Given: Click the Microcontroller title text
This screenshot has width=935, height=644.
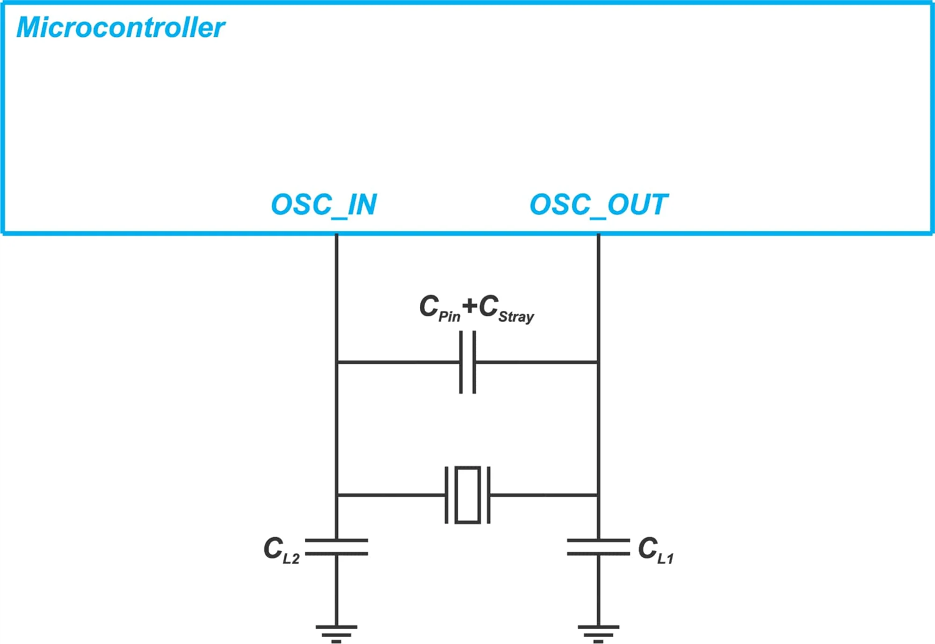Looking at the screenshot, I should [120, 27].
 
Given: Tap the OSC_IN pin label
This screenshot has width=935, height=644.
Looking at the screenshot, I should [324, 205].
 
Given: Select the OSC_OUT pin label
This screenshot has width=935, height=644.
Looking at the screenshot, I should [598, 205].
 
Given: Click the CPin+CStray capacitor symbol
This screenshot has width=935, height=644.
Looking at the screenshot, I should [467, 362].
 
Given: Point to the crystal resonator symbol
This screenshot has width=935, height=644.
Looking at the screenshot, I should [467, 495].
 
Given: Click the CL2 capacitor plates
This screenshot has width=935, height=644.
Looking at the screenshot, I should [337, 547].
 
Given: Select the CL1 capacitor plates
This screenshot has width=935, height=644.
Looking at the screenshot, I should [598, 547].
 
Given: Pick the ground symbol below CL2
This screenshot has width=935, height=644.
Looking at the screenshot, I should [337, 632].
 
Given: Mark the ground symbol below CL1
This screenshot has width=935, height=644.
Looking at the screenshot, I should [598, 632].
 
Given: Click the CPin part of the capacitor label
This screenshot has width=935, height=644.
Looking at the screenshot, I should [439, 308].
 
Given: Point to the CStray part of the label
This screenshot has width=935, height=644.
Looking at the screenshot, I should [506, 308].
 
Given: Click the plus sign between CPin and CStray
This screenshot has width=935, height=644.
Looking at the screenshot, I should [469, 306].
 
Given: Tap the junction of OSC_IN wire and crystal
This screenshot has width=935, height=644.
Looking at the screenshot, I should [337, 495].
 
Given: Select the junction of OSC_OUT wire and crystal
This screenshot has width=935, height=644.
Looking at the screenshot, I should [598, 495].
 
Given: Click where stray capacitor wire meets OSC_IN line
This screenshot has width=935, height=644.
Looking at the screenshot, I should [337, 362].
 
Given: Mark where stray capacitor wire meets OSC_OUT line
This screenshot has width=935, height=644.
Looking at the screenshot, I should [598, 362].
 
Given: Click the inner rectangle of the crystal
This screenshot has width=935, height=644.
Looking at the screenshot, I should [467, 495].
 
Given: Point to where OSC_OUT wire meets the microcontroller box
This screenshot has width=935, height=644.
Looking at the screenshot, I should [598, 234].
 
